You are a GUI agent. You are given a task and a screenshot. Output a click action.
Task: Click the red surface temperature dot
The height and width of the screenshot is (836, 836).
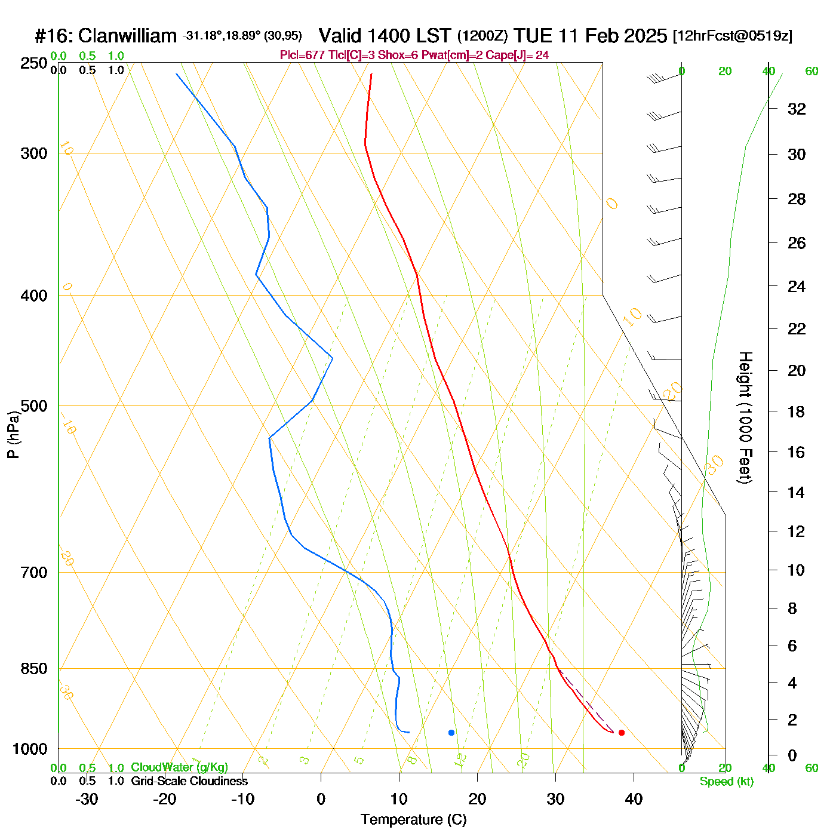click(x=622, y=733)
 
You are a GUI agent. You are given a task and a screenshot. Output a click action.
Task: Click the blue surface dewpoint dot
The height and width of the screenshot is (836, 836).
click(x=451, y=733)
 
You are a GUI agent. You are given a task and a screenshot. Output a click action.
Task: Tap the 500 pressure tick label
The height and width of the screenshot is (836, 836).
click(x=34, y=406)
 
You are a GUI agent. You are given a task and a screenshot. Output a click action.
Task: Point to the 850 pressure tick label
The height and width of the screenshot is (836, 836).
click(x=34, y=669)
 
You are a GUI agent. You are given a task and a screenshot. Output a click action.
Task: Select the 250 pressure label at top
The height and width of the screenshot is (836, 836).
click(x=34, y=63)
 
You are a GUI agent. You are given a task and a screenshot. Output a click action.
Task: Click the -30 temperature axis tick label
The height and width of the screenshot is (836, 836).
click(x=87, y=799)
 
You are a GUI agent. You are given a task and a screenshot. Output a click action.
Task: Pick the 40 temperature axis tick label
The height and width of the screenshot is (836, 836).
click(x=634, y=799)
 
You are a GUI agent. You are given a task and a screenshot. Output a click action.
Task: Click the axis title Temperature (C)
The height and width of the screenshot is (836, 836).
click(x=413, y=820)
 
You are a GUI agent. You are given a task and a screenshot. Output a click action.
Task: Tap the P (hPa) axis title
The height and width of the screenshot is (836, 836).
click(x=13, y=434)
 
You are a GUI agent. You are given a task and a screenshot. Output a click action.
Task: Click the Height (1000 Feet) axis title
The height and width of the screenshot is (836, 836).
click(x=745, y=417)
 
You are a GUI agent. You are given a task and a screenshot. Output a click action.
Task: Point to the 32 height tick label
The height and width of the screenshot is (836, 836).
click(x=797, y=109)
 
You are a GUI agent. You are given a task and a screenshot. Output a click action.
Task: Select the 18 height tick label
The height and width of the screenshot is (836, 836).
click(x=797, y=411)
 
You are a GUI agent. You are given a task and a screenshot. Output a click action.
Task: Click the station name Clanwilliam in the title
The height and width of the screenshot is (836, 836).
click(x=127, y=36)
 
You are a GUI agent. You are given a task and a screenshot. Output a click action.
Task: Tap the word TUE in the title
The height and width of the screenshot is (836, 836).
click(x=533, y=36)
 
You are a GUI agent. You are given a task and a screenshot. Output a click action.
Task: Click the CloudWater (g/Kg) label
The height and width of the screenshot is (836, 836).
click(x=179, y=767)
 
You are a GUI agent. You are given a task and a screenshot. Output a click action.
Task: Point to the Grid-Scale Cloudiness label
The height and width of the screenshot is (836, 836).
click(x=189, y=781)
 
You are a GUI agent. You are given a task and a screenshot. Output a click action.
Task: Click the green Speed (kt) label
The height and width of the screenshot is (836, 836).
click(x=727, y=782)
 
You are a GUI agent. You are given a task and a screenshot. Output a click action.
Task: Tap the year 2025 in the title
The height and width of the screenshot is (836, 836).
click(x=645, y=36)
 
